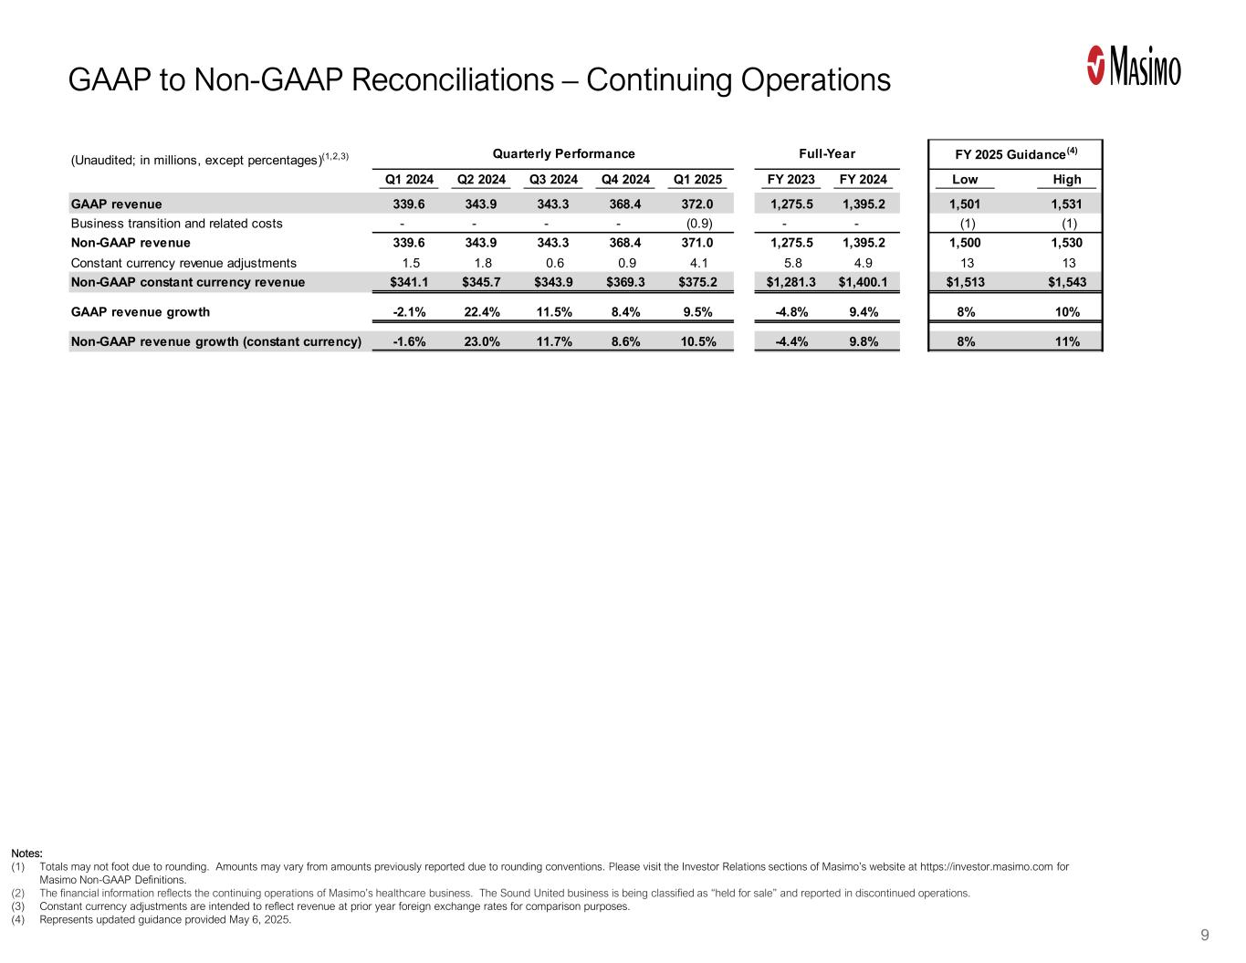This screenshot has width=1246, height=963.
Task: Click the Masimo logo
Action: [1134, 67]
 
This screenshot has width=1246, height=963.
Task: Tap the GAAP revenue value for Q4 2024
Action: [625, 204]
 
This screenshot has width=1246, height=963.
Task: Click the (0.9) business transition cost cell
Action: [698, 224]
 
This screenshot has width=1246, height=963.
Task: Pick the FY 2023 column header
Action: [791, 179]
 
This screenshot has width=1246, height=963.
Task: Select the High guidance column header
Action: [1066, 179]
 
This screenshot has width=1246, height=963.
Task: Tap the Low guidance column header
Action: [965, 179]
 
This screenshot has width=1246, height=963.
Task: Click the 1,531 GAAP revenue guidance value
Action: [1066, 204]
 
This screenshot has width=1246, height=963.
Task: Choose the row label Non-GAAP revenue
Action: [131, 243]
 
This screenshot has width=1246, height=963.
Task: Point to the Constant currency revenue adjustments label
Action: [183, 263]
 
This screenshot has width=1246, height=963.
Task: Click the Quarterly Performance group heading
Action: [552, 153]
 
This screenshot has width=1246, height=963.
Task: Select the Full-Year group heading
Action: [827, 153]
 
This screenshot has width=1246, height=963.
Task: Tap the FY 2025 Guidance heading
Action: [1015, 153]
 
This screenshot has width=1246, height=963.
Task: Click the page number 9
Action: [1205, 935]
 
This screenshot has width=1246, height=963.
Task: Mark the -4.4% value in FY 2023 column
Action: [791, 342]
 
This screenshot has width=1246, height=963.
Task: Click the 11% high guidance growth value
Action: [1066, 342]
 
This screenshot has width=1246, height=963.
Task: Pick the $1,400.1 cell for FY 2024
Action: [863, 282]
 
